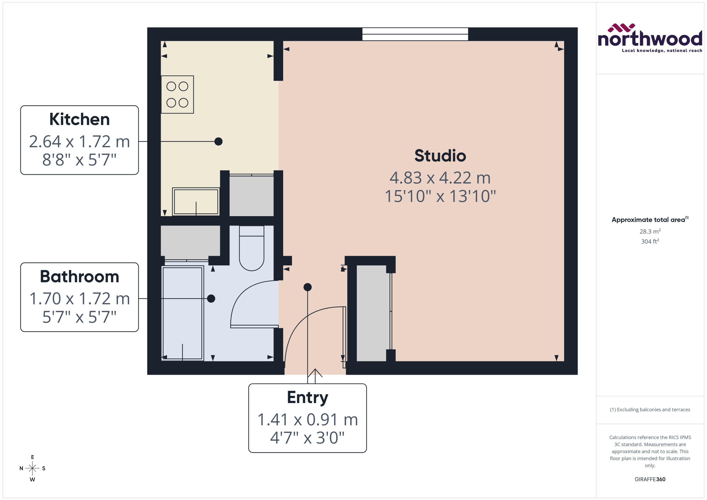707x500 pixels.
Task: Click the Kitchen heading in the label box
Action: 79,119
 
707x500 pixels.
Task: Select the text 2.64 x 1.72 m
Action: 79,142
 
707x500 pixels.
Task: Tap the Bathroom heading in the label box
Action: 79,277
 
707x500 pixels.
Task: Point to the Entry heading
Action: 307,397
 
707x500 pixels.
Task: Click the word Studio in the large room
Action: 440,156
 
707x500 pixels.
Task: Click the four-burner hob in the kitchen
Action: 177,94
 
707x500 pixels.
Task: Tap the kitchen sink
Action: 196,202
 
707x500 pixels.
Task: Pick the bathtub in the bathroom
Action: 182,313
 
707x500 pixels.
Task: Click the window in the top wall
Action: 415,34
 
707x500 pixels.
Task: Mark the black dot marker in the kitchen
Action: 218,142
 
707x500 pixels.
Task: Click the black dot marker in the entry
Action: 307,287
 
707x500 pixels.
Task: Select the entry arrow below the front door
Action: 315,374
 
